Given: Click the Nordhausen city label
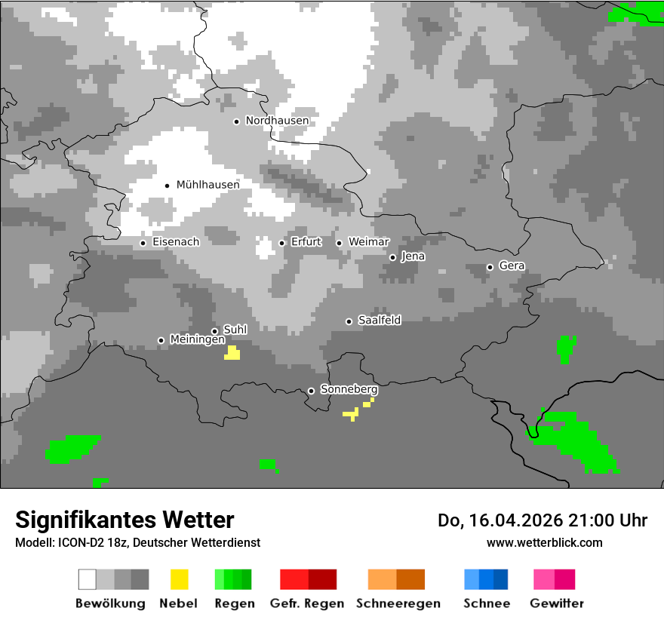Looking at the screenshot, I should pyautogui.click(x=277, y=121).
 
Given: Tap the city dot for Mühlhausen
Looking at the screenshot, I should pyautogui.click(x=168, y=185).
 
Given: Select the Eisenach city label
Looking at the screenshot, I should pyautogui.click(x=176, y=242).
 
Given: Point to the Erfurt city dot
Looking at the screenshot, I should pyautogui.click(x=282, y=243).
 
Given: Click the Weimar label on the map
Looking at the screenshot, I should pyautogui.click(x=368, y=242).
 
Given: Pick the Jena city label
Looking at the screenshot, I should pyautogui.click(x=413, y=256).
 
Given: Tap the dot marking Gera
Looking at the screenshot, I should pyautogui.click(x=490, y=267).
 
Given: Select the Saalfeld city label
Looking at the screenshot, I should pyautogui.click(x=380, y=321).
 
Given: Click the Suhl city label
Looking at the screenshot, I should pyautogui.click(x=235, y=330).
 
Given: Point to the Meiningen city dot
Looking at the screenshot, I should pyautogui.click(x=161, y=340).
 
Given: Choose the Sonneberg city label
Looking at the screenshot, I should pyautogui.click(x=349, y=390).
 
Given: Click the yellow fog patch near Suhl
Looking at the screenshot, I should pyautogui.click(x=232, y=353).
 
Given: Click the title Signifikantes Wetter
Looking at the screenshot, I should pyautogui.click(x=124, y=520).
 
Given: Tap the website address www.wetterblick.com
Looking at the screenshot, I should pyautogui.click(x=544, y=542).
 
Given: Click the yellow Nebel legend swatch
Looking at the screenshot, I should pyautogui.click(x=179, y=579).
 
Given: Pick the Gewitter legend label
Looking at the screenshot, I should pyautogui.click(x=557, y=603).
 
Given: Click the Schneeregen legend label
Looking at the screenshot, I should pyautogui.click(x=398, y=603).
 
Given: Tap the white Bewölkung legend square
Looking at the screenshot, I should pyautogui.click(x=88, y=579).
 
